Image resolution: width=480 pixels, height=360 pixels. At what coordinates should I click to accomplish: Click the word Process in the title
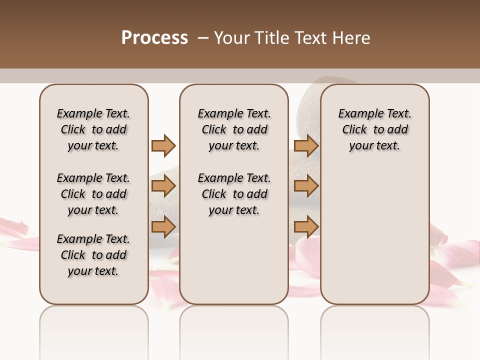(154, 38)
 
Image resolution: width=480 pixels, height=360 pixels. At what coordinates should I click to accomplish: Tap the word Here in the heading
(352, 38)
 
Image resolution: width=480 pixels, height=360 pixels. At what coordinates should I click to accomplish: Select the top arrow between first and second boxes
(163, 145)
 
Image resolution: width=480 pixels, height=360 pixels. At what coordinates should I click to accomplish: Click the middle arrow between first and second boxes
(163, 186)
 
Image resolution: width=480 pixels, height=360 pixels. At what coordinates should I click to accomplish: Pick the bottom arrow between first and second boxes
(163, 226)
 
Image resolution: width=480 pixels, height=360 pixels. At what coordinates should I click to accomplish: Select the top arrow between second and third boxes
(306, 145)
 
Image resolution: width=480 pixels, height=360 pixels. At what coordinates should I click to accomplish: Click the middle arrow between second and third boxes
(306, 186)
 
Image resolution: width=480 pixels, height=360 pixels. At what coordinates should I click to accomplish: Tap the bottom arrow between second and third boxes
(306, 226)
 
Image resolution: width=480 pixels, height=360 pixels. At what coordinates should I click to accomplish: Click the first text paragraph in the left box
(93, 129)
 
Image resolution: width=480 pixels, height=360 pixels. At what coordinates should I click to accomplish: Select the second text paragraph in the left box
(93, 194)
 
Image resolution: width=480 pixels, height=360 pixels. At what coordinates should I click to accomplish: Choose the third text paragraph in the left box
(93, 255)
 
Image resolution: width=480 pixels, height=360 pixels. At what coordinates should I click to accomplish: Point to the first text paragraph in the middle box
(234, 129)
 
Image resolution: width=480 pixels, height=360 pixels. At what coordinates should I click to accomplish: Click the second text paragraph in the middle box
(234, 194)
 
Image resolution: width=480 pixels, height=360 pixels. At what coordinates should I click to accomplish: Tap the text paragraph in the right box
(375, 129)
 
